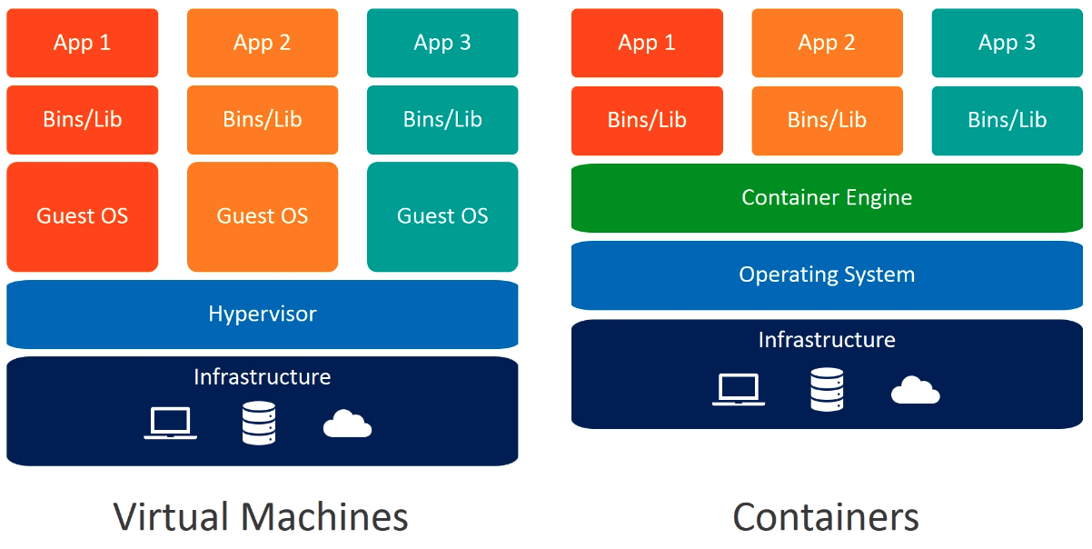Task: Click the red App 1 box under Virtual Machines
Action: pyautogui.click(x=82, y=43)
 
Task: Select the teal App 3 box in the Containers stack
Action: pyautogui.click(x=1007, y=43)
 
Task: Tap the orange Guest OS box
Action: pyautogui.click(x=262, y=216)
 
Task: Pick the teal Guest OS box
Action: pyautogui.click(x=442, y=216)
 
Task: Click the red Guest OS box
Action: pyautogui.click(x=82, y=216)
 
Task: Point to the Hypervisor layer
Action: pyautogui.click(x=262, y=314)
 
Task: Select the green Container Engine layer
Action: pyautogui.click(x=827, y=197)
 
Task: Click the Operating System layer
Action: pyautogui.click(x=827, y=274)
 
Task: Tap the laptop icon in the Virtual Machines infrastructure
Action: pyautogui.click(x=171, y=424)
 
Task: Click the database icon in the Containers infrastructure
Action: pyautogui.click(x=827, y=389)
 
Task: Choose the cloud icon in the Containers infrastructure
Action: pyautogui.click(x=915, y=391)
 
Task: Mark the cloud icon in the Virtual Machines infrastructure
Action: pyautogui.click(x=348, y=424)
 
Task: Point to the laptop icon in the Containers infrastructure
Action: pyautogui.click(x=739, y=389)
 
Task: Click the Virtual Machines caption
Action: pyautogui.click(x=261, y=517)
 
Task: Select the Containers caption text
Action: pyautogui.click(x=826, y=517)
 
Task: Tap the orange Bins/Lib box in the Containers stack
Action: pyautogui.click(x=827, y=120)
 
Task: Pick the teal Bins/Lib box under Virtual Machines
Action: pyautogui.click(x=442, y=119)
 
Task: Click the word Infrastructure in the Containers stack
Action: pyautogui.click(x=827, y=340)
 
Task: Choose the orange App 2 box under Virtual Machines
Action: pyautogui.click(x=262, y=43)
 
